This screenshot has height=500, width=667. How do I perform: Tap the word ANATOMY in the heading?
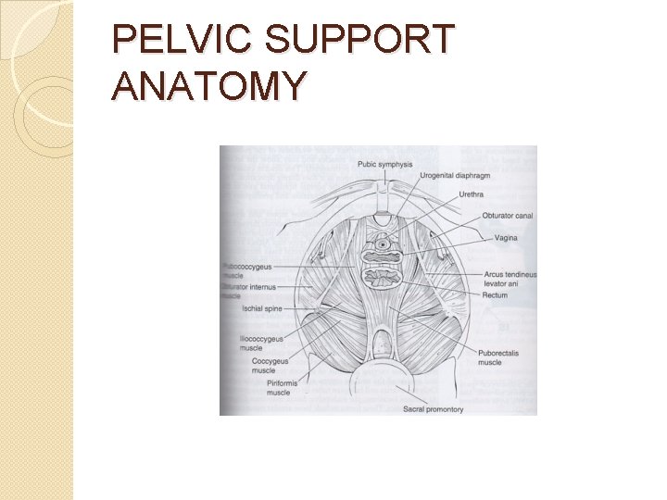point(208,85)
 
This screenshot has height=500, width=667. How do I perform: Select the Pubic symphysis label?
point(384,165)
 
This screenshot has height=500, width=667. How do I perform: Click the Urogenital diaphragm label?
point(454,177)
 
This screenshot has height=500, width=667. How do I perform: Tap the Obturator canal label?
point(507,217)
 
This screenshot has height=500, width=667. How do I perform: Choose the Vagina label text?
point(506,238)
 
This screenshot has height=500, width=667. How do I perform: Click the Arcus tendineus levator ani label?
point(510,280)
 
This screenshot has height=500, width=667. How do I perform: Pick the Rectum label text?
point(495,295)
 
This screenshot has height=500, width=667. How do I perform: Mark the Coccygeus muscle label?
point(270,366)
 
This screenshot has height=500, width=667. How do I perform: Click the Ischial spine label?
point(261,307)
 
